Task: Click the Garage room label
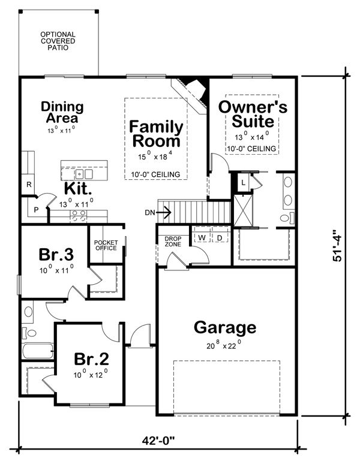[x=225, y=328]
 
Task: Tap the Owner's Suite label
[x=253, y=114]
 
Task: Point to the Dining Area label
[x=62, y=112]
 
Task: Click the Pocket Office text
[x=106, y=246]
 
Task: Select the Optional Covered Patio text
[x=58, y=41]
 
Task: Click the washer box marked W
[x=202, y=238]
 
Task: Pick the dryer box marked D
[x=220, y=238]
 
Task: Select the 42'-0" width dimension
[x=158, y=441]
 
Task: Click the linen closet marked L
[x=244, y=182]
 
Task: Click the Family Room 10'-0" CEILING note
[x=156, y=174]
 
